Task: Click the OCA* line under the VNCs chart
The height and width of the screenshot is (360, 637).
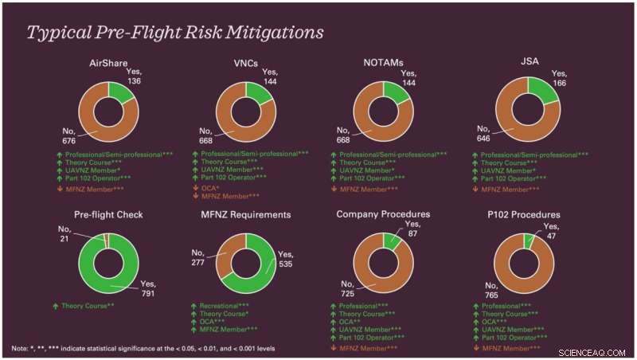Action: pyautogui.click(x=209, y=186)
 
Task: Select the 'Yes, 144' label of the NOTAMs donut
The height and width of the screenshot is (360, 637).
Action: pyautogui.click(x=408, y=78)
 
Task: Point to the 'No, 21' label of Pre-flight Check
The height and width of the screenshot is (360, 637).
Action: pyautogui.click(x=64, y=237)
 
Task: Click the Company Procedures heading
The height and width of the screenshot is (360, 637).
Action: pyautogui.click(x=383, y=215)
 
